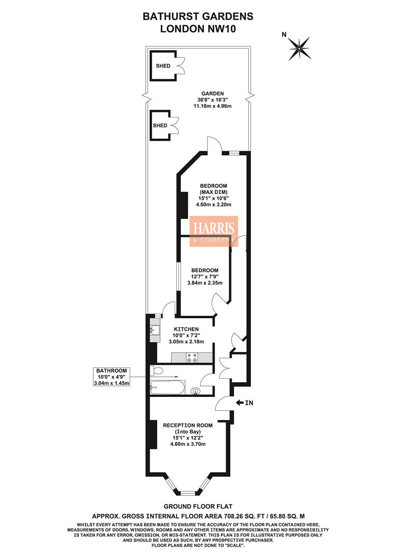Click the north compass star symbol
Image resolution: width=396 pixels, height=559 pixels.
(x=299, y=48)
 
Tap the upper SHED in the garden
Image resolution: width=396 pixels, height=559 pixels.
(x=162, y=66)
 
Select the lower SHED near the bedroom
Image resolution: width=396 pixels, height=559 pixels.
(x=160, y=125)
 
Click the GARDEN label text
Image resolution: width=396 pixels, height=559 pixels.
(x=213, y=93)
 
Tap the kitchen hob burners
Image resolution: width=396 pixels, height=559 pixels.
(x=192, y=356)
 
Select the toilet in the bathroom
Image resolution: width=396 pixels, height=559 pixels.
(x=157, y=370)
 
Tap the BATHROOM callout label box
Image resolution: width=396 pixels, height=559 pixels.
(x=111, y=377)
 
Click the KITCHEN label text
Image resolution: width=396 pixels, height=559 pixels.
(x=186, y=329)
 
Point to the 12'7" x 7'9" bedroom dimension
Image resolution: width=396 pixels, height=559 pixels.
(x=204, y=276)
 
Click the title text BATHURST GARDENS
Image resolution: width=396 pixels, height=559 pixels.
(x=198, y=17)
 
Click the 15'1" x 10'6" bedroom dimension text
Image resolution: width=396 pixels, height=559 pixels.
(x=214, y=198)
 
